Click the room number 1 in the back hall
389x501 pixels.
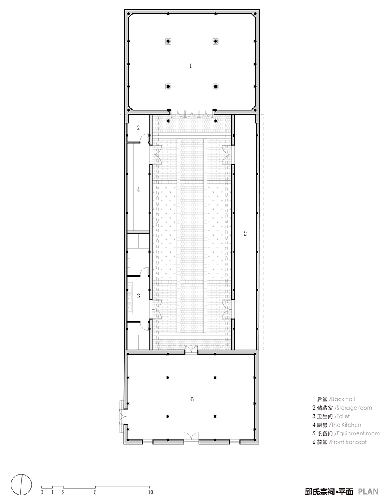tap(191, 65)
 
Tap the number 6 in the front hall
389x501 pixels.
tap(192, 399)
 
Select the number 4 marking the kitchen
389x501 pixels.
tap(138, 189)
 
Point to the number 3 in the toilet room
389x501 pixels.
tap(138, 296)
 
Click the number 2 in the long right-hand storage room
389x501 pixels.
tap(245, 233)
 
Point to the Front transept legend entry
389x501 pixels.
tap(340, 442)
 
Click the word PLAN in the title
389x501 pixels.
tap(368, 492)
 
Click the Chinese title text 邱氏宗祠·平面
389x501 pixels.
tap(329, 492)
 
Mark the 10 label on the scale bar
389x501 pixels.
tap(150, 493)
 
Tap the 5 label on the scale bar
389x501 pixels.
tap(95, 493)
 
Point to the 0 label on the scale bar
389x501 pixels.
tap(42, 493)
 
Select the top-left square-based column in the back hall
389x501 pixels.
tap(168, 41)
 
